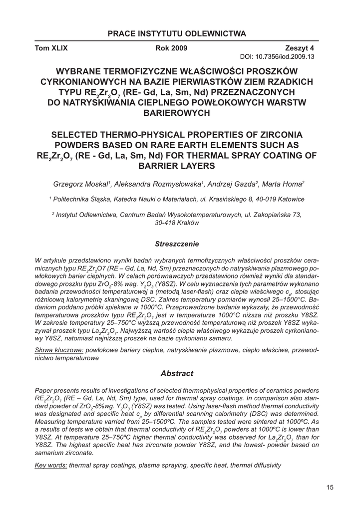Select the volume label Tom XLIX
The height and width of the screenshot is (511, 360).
point(51,49)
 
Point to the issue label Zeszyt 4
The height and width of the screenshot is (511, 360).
point(299,49)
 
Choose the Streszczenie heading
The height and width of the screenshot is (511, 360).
point(177,244)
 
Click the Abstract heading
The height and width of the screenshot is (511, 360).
point(177,373)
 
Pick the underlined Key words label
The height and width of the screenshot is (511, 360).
point(51,465)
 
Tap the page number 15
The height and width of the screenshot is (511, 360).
point(330,488)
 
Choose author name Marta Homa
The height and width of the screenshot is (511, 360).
point(283,184)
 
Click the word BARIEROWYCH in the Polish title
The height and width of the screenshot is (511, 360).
point(177,113)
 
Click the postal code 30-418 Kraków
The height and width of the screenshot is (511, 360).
point(177,223)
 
